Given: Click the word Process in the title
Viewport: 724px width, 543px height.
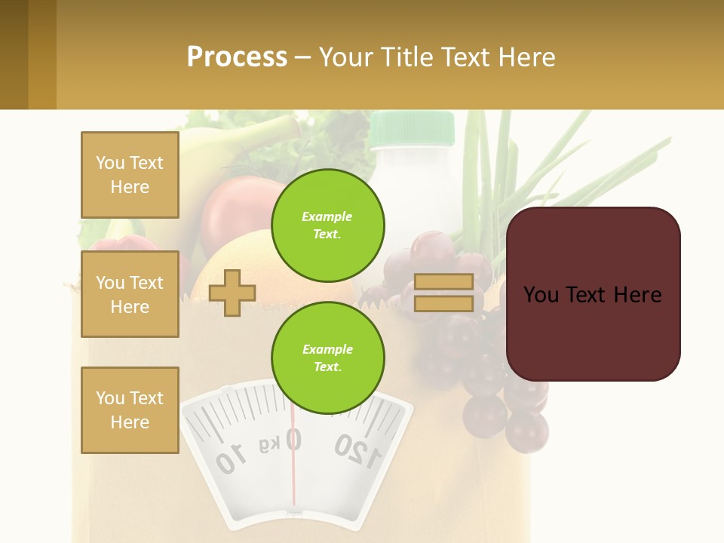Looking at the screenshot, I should (237, 57).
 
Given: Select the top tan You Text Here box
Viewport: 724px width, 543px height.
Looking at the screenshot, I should (130, 175).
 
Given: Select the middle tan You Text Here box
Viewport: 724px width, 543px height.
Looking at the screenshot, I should (130, 294).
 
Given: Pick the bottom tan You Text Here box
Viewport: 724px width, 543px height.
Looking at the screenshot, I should (130, 410).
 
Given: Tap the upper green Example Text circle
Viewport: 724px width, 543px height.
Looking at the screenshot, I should (327, 225).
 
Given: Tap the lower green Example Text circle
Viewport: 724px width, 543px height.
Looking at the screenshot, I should (327, 357).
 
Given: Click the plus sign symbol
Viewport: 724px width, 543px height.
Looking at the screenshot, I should (232, 293).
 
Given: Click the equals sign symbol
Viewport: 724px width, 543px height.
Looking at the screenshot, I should (443, 293).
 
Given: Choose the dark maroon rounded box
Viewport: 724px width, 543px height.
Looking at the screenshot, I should (593, 294).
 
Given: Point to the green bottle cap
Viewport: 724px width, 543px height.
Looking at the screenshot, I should (412, 127).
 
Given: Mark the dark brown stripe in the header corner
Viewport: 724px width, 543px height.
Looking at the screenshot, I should (14, 54).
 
